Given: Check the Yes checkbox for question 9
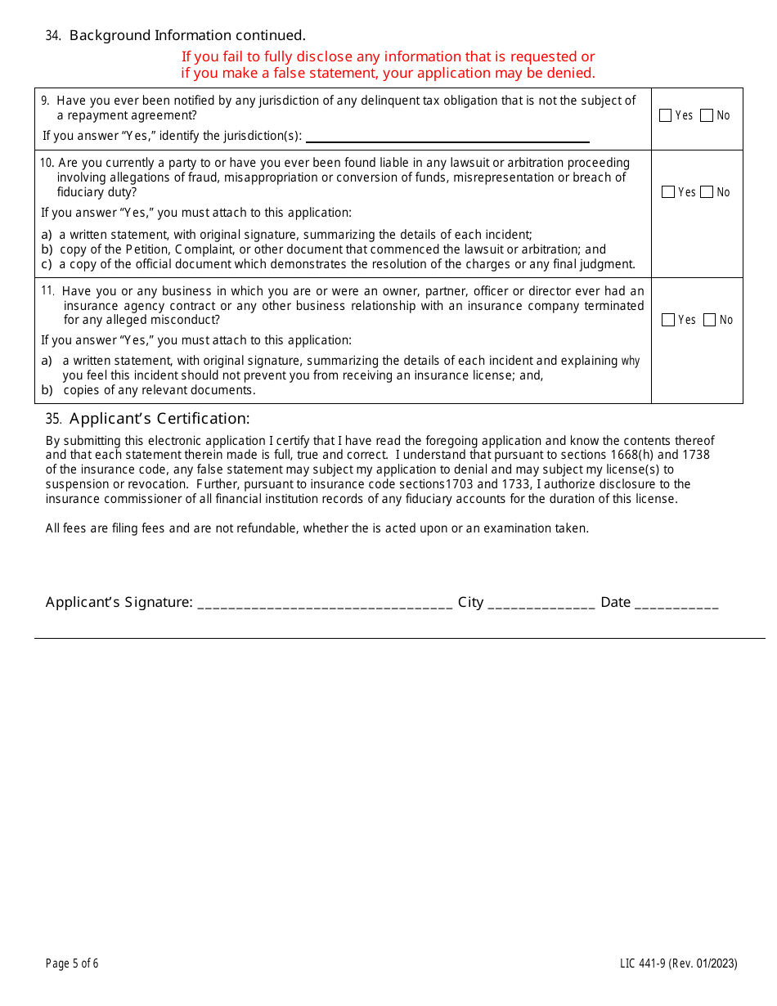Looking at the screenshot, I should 666,115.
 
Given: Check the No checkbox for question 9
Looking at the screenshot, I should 707,115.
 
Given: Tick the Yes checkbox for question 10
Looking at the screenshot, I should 668,192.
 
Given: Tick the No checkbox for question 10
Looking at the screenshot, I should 707,192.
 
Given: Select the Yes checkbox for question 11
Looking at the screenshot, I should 668,320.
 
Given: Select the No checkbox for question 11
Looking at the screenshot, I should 710,320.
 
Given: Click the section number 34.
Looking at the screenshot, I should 53,36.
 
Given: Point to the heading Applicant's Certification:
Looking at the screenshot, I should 159,419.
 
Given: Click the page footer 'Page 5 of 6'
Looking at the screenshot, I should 72,963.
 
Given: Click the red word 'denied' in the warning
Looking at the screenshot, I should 571,73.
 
